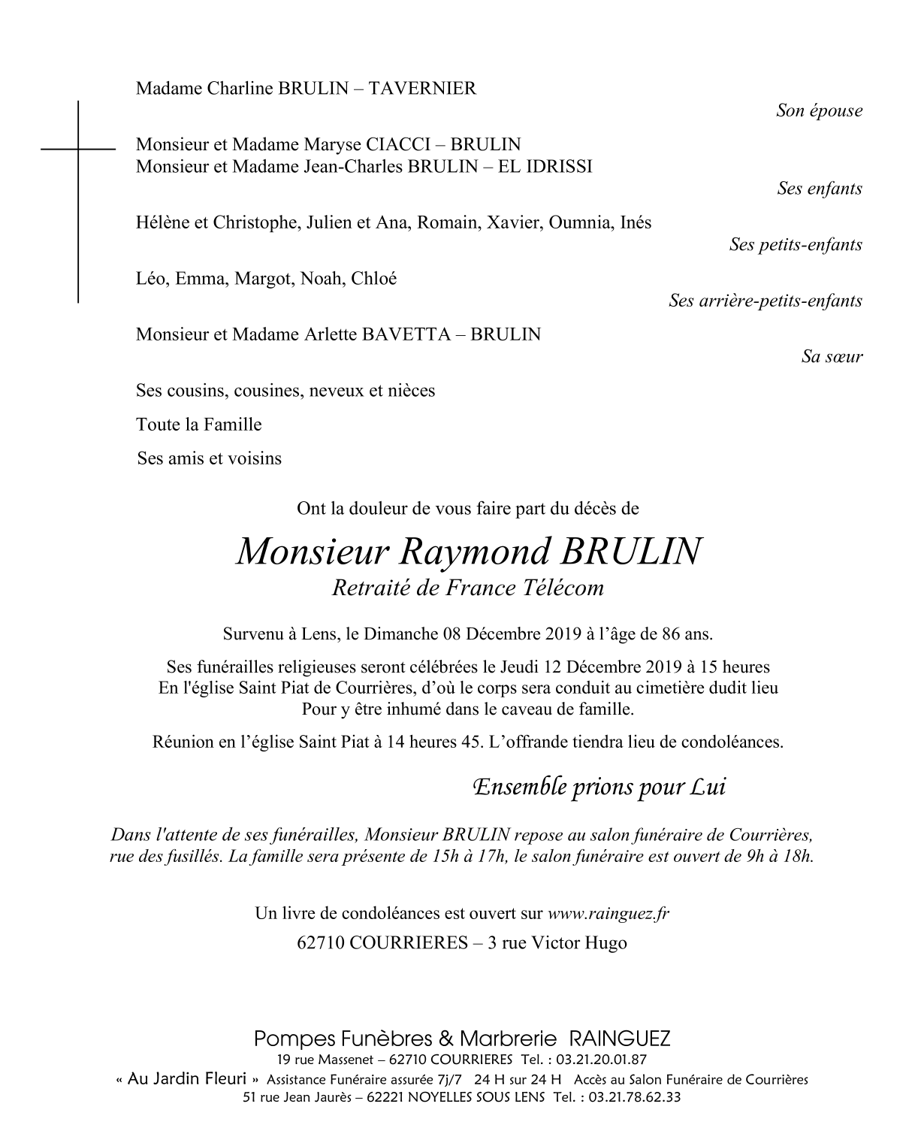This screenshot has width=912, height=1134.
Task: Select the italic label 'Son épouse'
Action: point(819,111)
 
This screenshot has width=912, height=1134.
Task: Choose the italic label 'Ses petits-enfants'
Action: point(795,245)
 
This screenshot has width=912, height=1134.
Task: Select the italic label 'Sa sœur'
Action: point(832,357)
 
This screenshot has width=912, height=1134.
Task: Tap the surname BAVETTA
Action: point(403,334)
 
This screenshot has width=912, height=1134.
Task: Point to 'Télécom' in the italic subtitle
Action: point(566,588)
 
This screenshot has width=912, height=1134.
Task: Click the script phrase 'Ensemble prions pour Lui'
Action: point(599,788)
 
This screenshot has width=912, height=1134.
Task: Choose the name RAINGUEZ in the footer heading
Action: point(620,1039)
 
